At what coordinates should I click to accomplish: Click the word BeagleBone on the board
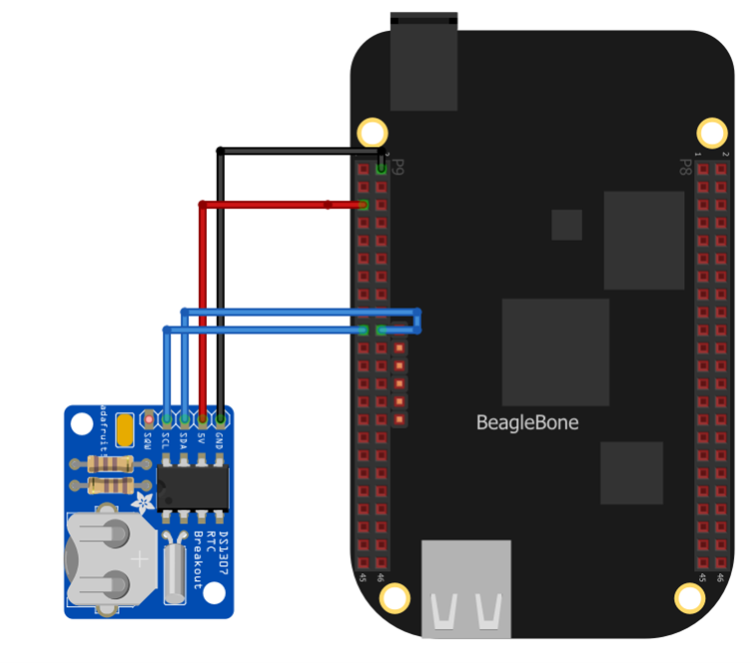[526, 422]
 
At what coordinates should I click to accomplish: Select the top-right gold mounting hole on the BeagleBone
[711, 132]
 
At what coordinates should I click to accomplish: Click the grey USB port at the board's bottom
[466, 589]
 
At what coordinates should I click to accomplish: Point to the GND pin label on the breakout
[220, 442]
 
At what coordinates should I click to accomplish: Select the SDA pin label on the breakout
[185, 442]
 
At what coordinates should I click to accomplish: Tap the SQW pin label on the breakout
[149, 442]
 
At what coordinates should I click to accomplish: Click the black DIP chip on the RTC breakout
[194, 486]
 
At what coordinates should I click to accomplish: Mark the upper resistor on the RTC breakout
[111, 463]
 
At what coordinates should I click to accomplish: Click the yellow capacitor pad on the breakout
[125, 431]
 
